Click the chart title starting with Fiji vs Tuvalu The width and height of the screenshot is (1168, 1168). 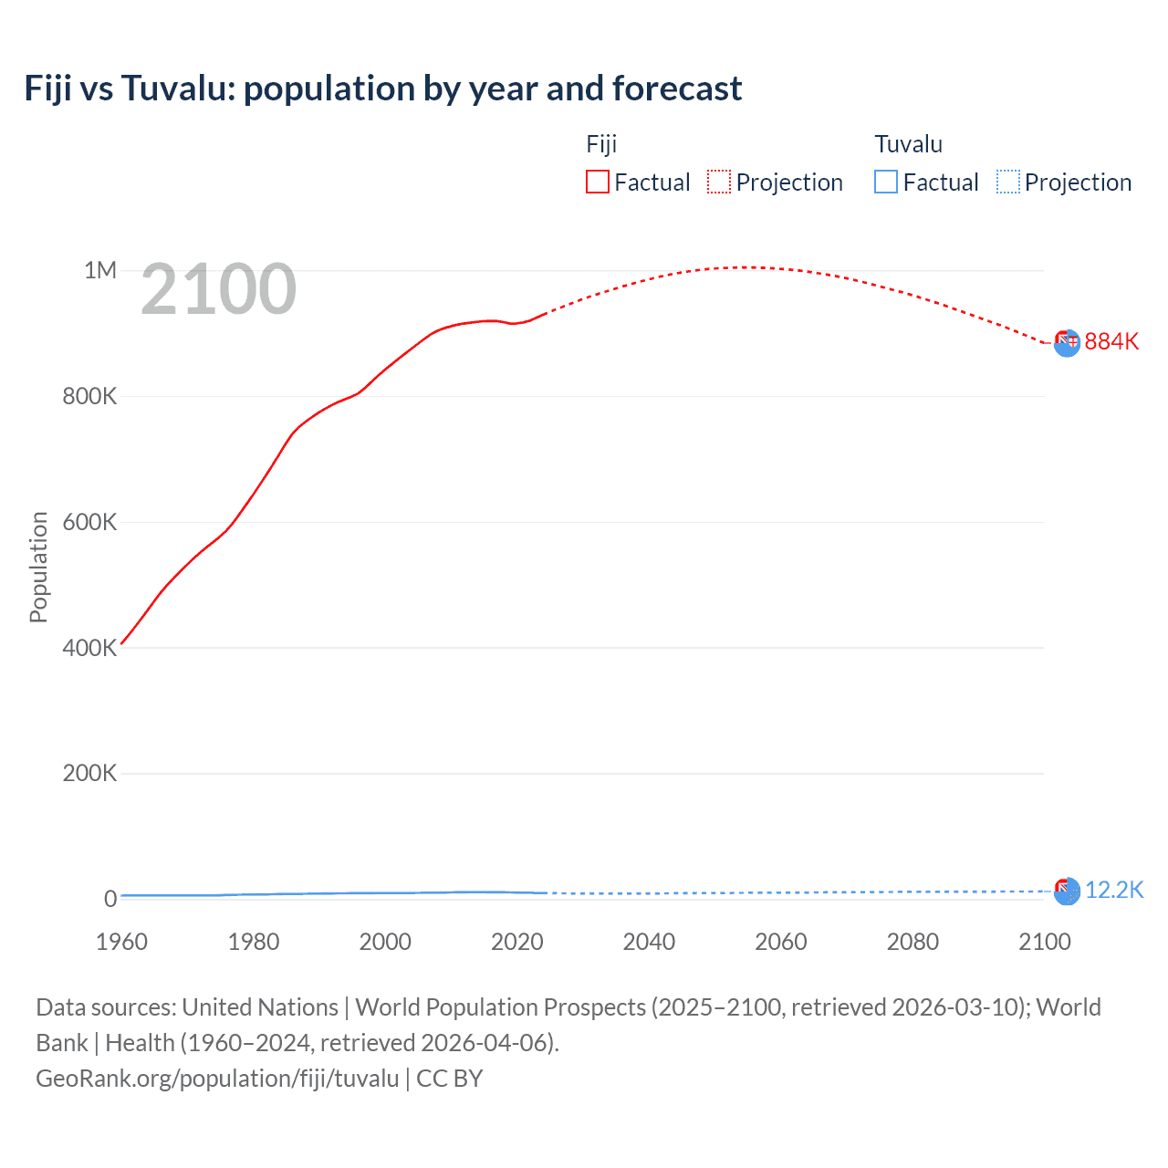tap(382, 89)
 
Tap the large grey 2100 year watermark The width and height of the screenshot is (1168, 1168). tap(218, 289)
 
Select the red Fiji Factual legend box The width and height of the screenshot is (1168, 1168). tap(597, 182)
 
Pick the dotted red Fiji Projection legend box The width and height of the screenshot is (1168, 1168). tap(719, 182)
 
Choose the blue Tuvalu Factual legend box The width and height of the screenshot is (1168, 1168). tap(885, 182)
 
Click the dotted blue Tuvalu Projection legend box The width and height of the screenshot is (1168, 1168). tap(1007, 182)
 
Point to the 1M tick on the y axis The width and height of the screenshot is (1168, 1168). tap(100, 270)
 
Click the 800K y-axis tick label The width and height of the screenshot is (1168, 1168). tap(89, 396)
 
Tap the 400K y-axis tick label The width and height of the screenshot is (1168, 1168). tap(89, 648)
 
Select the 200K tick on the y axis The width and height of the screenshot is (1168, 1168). tap(89, 773)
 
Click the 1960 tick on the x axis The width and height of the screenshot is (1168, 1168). tap(121, 942)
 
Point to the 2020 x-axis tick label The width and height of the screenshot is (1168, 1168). tap(516, 942)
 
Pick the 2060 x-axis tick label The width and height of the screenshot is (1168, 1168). tap(780, 942)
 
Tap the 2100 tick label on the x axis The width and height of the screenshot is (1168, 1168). tap(1044, 942)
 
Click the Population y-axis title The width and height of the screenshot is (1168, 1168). tap(38, 567)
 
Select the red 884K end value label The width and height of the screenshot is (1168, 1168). tap(1111, 341)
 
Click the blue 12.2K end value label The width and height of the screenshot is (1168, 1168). tap(1113, 891)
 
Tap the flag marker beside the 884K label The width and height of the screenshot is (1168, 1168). tap(1067, 342)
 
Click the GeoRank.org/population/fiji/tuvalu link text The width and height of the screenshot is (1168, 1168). tap(217, 1079)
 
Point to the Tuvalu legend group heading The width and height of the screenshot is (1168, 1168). tap(908, 144)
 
